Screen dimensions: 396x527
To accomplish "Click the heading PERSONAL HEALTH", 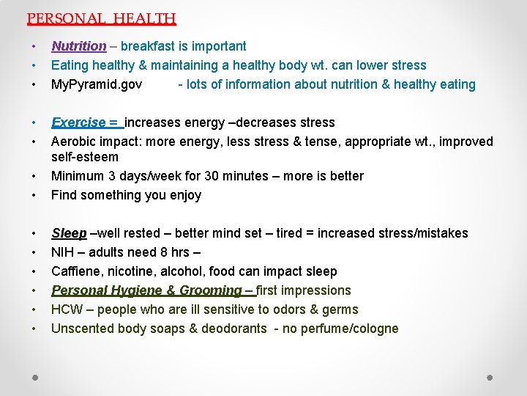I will point(101,18).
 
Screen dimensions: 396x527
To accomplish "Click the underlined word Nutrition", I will point(78,46).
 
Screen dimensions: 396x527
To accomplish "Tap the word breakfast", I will point(146,46).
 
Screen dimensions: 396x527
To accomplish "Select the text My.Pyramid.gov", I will point(97,84).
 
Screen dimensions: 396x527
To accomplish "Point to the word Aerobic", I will point(72,142).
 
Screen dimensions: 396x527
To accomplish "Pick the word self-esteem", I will point(84,157).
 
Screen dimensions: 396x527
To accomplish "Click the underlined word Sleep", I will point(69,233).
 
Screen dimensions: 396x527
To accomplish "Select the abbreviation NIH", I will point(62,252).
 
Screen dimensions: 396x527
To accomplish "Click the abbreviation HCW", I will point(67,309).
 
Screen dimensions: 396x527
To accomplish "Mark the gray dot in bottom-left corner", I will point(34,378).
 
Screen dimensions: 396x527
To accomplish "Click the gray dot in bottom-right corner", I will point(491,378).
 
